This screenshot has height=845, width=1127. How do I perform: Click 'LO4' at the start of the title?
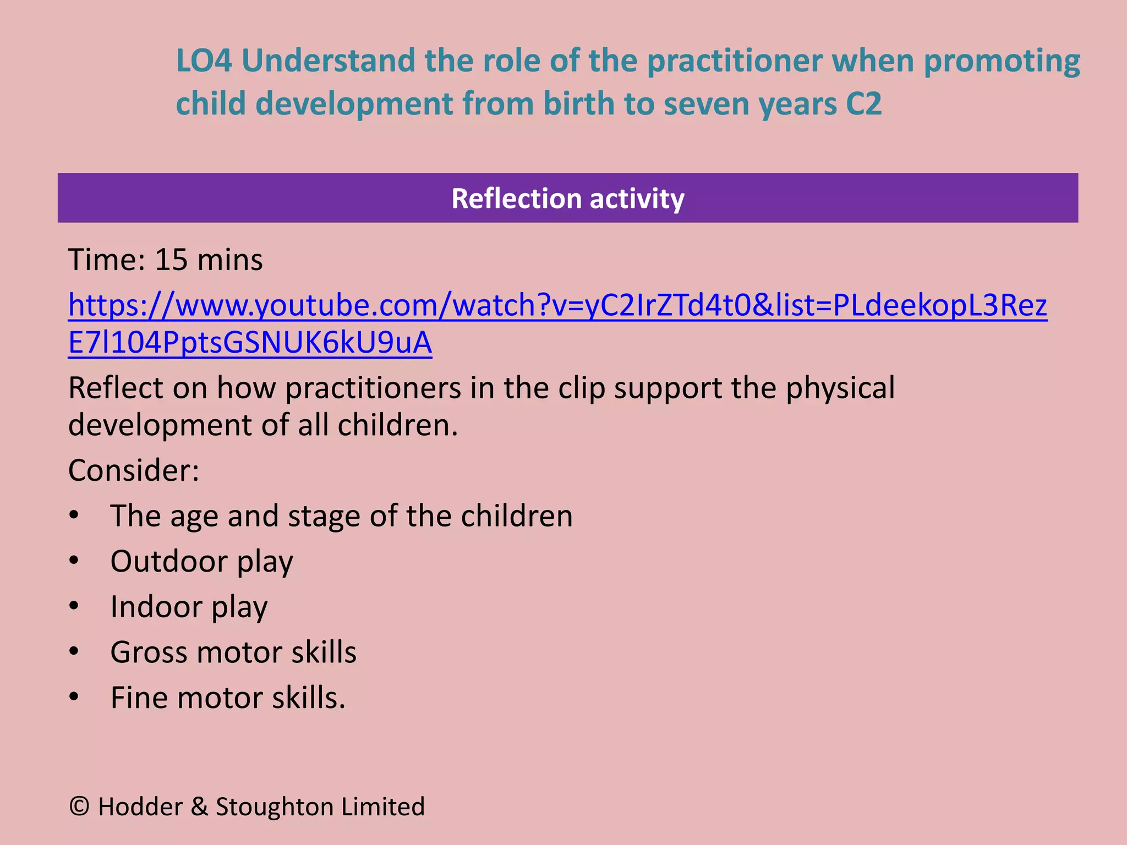pyautogui.click(x=204, y=61)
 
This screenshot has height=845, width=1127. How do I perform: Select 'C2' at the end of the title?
pyautogui.click(x=863, y=103)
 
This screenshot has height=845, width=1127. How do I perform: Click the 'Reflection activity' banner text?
pyautogui.click(x=567, y=199)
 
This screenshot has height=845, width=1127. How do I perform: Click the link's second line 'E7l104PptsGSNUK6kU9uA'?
pyautogui.click(x=250, y=342)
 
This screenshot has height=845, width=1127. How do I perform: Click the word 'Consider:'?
pyautogui.click(x=134, y=470)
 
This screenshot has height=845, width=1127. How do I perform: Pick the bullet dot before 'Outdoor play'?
pyautogui.click(x=74, y=561)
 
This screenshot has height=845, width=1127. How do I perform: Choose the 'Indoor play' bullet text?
pyautogui.click(x=189, y=607)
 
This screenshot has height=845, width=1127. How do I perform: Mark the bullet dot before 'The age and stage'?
pyautogui.click(x=74, y=515)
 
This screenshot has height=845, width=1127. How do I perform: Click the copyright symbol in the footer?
pyautogui.click(x=80, y=806)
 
